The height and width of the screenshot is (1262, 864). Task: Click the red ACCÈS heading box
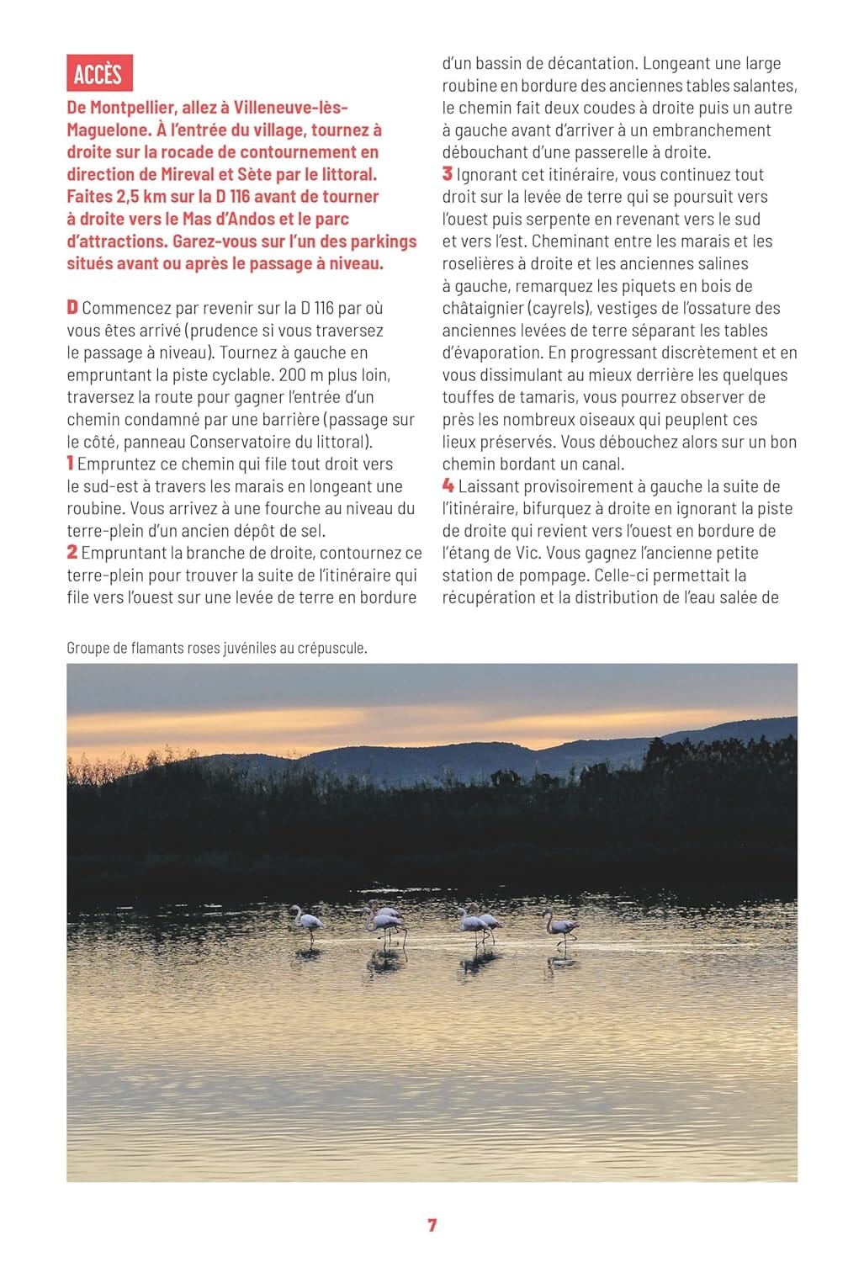pos(98,74)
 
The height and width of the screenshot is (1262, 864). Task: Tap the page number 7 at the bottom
pos(432,1225)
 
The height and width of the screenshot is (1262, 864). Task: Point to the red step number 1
pos(71,464)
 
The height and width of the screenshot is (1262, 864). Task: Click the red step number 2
pos(72,553)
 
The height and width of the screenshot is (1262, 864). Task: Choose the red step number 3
pos(448,174)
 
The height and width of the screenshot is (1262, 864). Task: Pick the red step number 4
pos(448,485)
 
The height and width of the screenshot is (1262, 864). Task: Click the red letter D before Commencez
pos(72,308)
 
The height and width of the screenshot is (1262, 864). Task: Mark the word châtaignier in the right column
pos(483,308)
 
